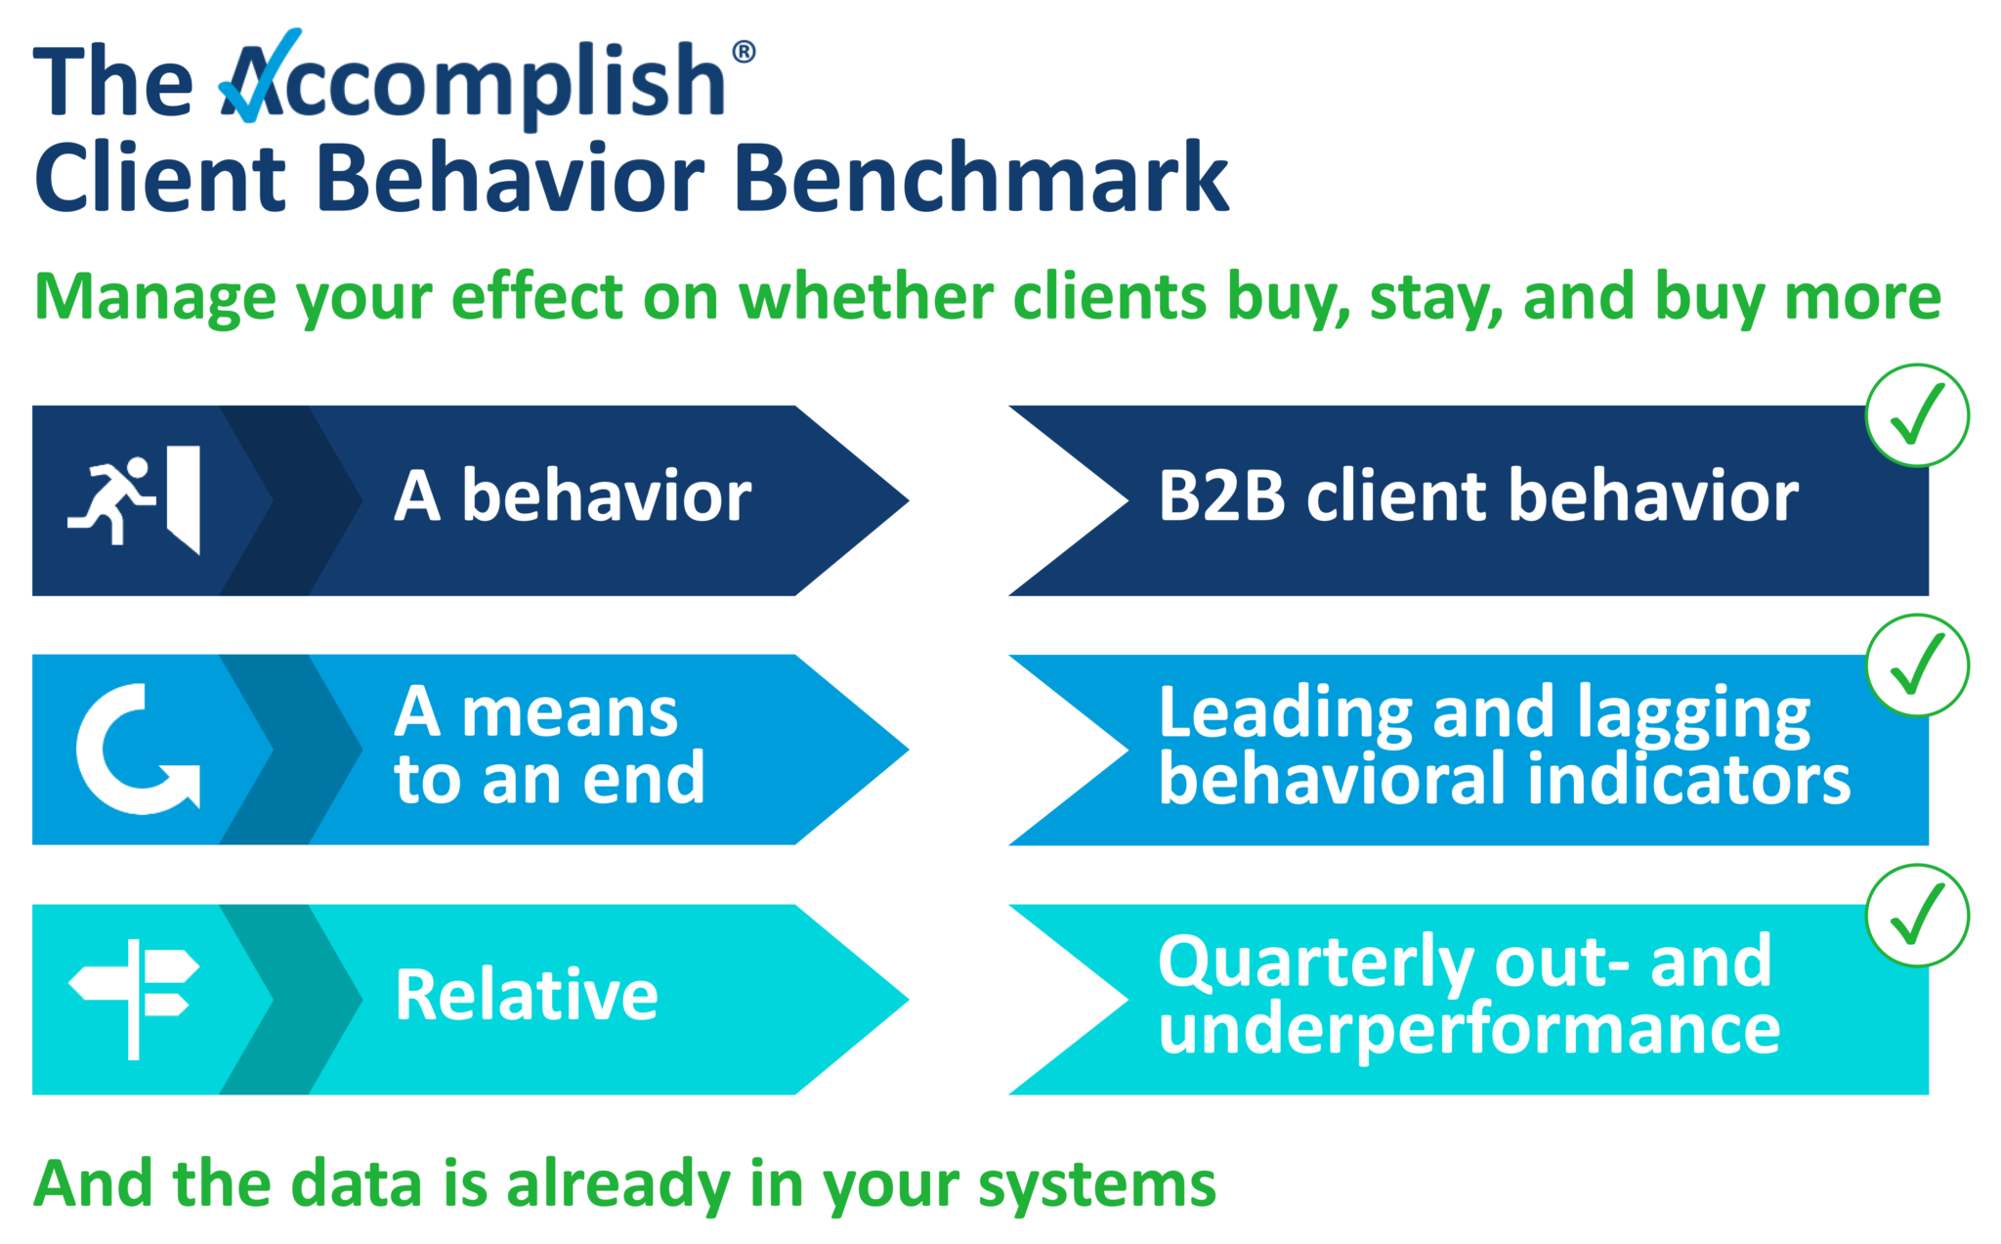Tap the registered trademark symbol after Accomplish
coord(744,51)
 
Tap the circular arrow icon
coord(137,750)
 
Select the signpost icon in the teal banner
coord(135,998)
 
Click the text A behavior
coord(573,496)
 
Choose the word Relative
coord(527,996)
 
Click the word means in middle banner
coord(570,712)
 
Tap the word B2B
coord(1220,496)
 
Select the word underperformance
coord(1469,1031)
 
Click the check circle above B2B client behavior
coord(1916,415)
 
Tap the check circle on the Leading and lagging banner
coord(1916,665)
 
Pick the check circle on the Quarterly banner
coord(1916,916)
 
